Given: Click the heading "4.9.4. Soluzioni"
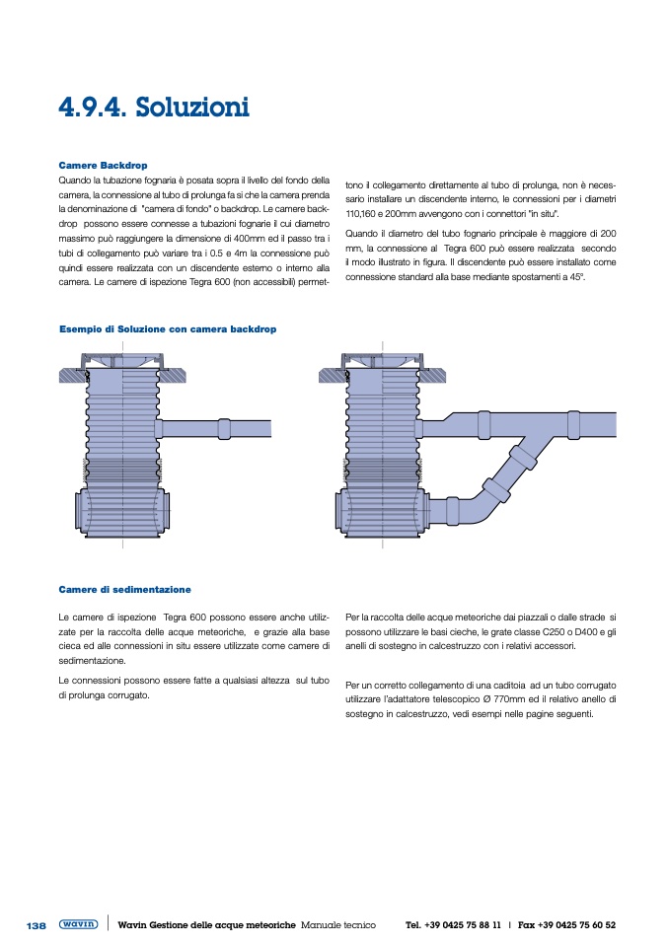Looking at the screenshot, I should (x=154, y=107).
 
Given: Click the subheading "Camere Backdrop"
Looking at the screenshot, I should (x=103, y=166).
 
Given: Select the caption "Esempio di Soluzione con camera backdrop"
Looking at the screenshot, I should (x=168, y=328).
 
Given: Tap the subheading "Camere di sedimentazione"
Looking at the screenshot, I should (x=124, y=589).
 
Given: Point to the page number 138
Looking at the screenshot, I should (x=36, y=925).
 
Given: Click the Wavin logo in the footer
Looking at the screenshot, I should (x=78, y=924).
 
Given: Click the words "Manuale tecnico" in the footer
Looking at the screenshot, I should (x=338, y=925).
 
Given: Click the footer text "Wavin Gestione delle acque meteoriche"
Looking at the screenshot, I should (x=206, y=925).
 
